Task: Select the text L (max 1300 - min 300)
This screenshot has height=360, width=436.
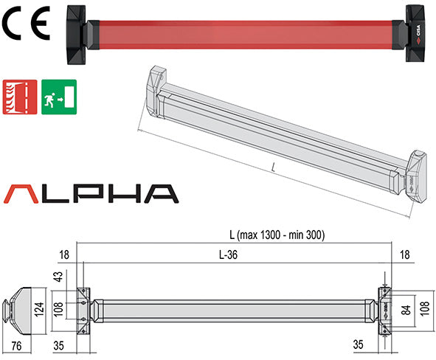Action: coord(277,235)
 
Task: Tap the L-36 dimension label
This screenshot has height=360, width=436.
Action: coord(236,254)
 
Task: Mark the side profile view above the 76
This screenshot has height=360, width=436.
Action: coord(20,305)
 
